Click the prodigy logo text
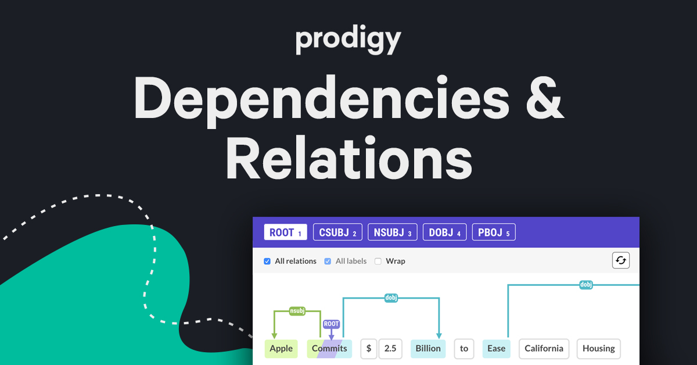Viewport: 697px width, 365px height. click(x=348, y=40)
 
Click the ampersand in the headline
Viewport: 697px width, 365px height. click(x=545, y=98)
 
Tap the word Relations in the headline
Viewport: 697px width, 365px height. click(x=349, y=158)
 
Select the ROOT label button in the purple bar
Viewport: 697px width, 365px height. click(x=285, y=232)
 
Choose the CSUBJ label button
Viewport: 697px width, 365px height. click(x=337, y=232)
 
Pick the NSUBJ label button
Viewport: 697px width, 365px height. click(x=393, y=232)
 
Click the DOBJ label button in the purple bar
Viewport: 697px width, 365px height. click(x=445, y=232)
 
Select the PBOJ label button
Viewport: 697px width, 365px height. click(x=494, y=232)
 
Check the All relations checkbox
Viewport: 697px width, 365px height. click(x=267, y=262)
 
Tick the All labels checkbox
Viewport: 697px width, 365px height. click(x=328, y=262)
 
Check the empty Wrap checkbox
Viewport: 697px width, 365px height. click(x=378, y=262)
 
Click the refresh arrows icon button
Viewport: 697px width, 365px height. click(x=621, y=260)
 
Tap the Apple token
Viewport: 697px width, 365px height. click(x=281, y=349)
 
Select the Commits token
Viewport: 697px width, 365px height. click(x=329, y=349)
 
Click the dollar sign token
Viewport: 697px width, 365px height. click(x=369, y=349)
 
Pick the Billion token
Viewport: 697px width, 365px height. click(x=428, y=349)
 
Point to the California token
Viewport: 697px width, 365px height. click(x=544, y=349)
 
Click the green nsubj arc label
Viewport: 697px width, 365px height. click(x=297, y=311)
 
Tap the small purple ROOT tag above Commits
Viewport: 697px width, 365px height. click(x=331, y=324)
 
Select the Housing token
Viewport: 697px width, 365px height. click(x=599, y=349)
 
